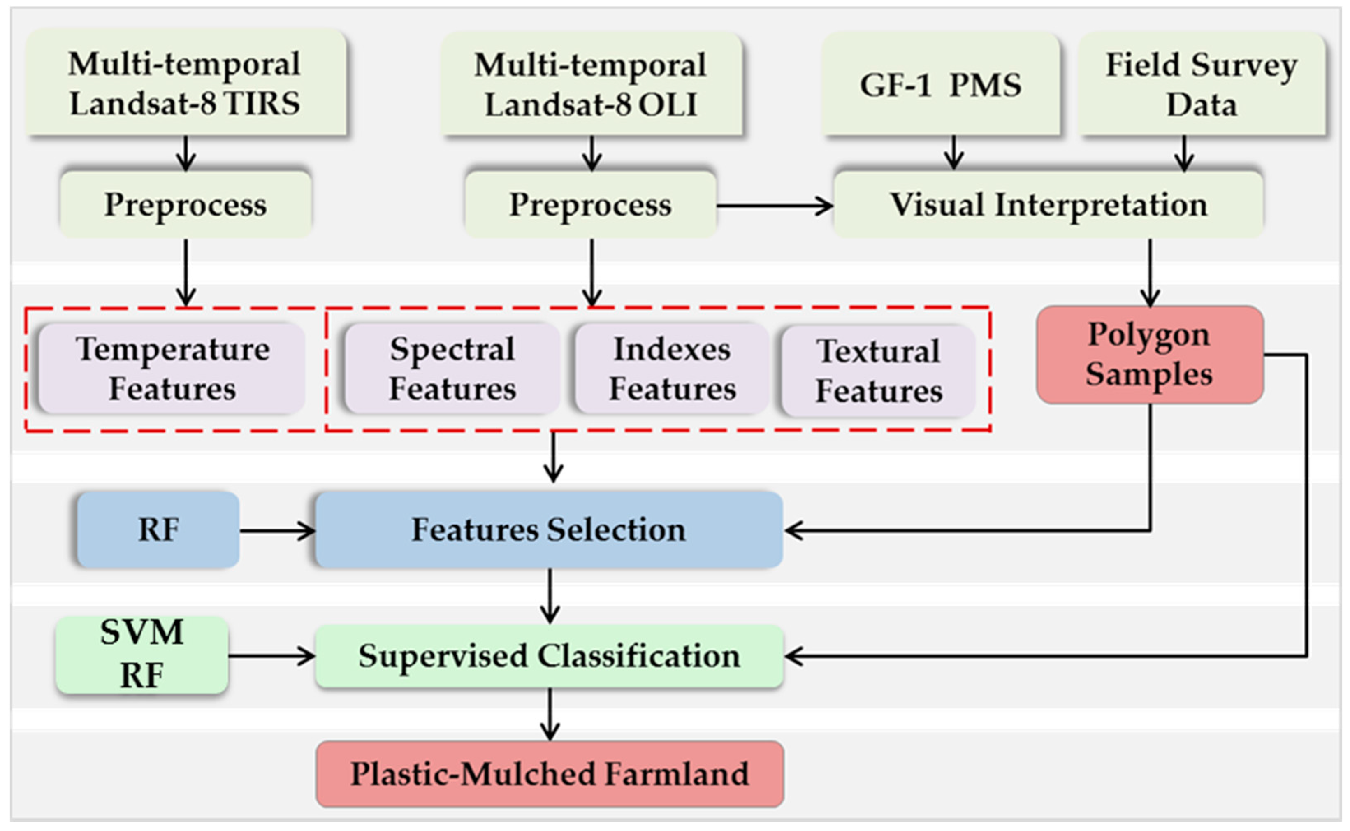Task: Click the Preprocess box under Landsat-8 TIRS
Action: (186, 204)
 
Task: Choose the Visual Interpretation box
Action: (1048, 204)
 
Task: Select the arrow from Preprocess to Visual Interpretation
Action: (775, 206)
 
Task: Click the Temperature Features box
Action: (172, 368)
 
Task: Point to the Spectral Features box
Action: (452, 368)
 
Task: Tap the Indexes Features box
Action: (672, 368)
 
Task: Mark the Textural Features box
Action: (878, 371)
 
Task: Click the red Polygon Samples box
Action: (1149, 355)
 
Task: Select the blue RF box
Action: (158, 530)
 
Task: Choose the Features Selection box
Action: (549, 530)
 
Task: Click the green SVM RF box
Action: (142, 654)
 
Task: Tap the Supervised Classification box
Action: (549, 656)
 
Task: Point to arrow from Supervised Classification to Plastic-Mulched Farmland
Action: (550, 715)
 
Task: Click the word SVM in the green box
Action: (142, 632)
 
